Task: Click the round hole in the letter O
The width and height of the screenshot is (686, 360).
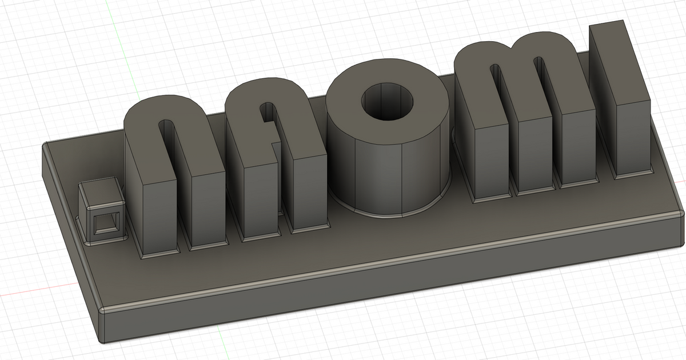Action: tap(386, 103)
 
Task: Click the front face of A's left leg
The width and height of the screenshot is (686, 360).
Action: tap(260, 200)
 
